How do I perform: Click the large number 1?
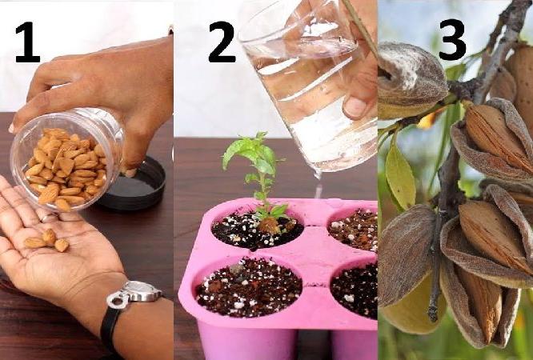pos(28,42)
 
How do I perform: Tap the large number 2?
pos(222,42)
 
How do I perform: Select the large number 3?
pos(452,39)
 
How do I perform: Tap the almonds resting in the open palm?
pos(47,241)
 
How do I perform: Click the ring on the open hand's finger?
pos(48,217)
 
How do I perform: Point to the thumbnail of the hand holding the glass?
pos(355,107)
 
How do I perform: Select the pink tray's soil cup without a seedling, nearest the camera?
pos(249,287)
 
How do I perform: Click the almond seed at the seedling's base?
pos(270,226)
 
